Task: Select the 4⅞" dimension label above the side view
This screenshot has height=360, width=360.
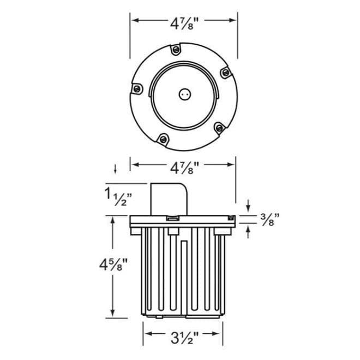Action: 183,166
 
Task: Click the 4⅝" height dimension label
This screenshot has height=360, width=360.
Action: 113,266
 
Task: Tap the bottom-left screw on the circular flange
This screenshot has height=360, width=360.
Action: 162,139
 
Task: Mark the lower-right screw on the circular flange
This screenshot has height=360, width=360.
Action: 219,128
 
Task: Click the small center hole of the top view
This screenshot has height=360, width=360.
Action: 183,93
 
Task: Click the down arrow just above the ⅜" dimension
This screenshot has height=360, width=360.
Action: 248,206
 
